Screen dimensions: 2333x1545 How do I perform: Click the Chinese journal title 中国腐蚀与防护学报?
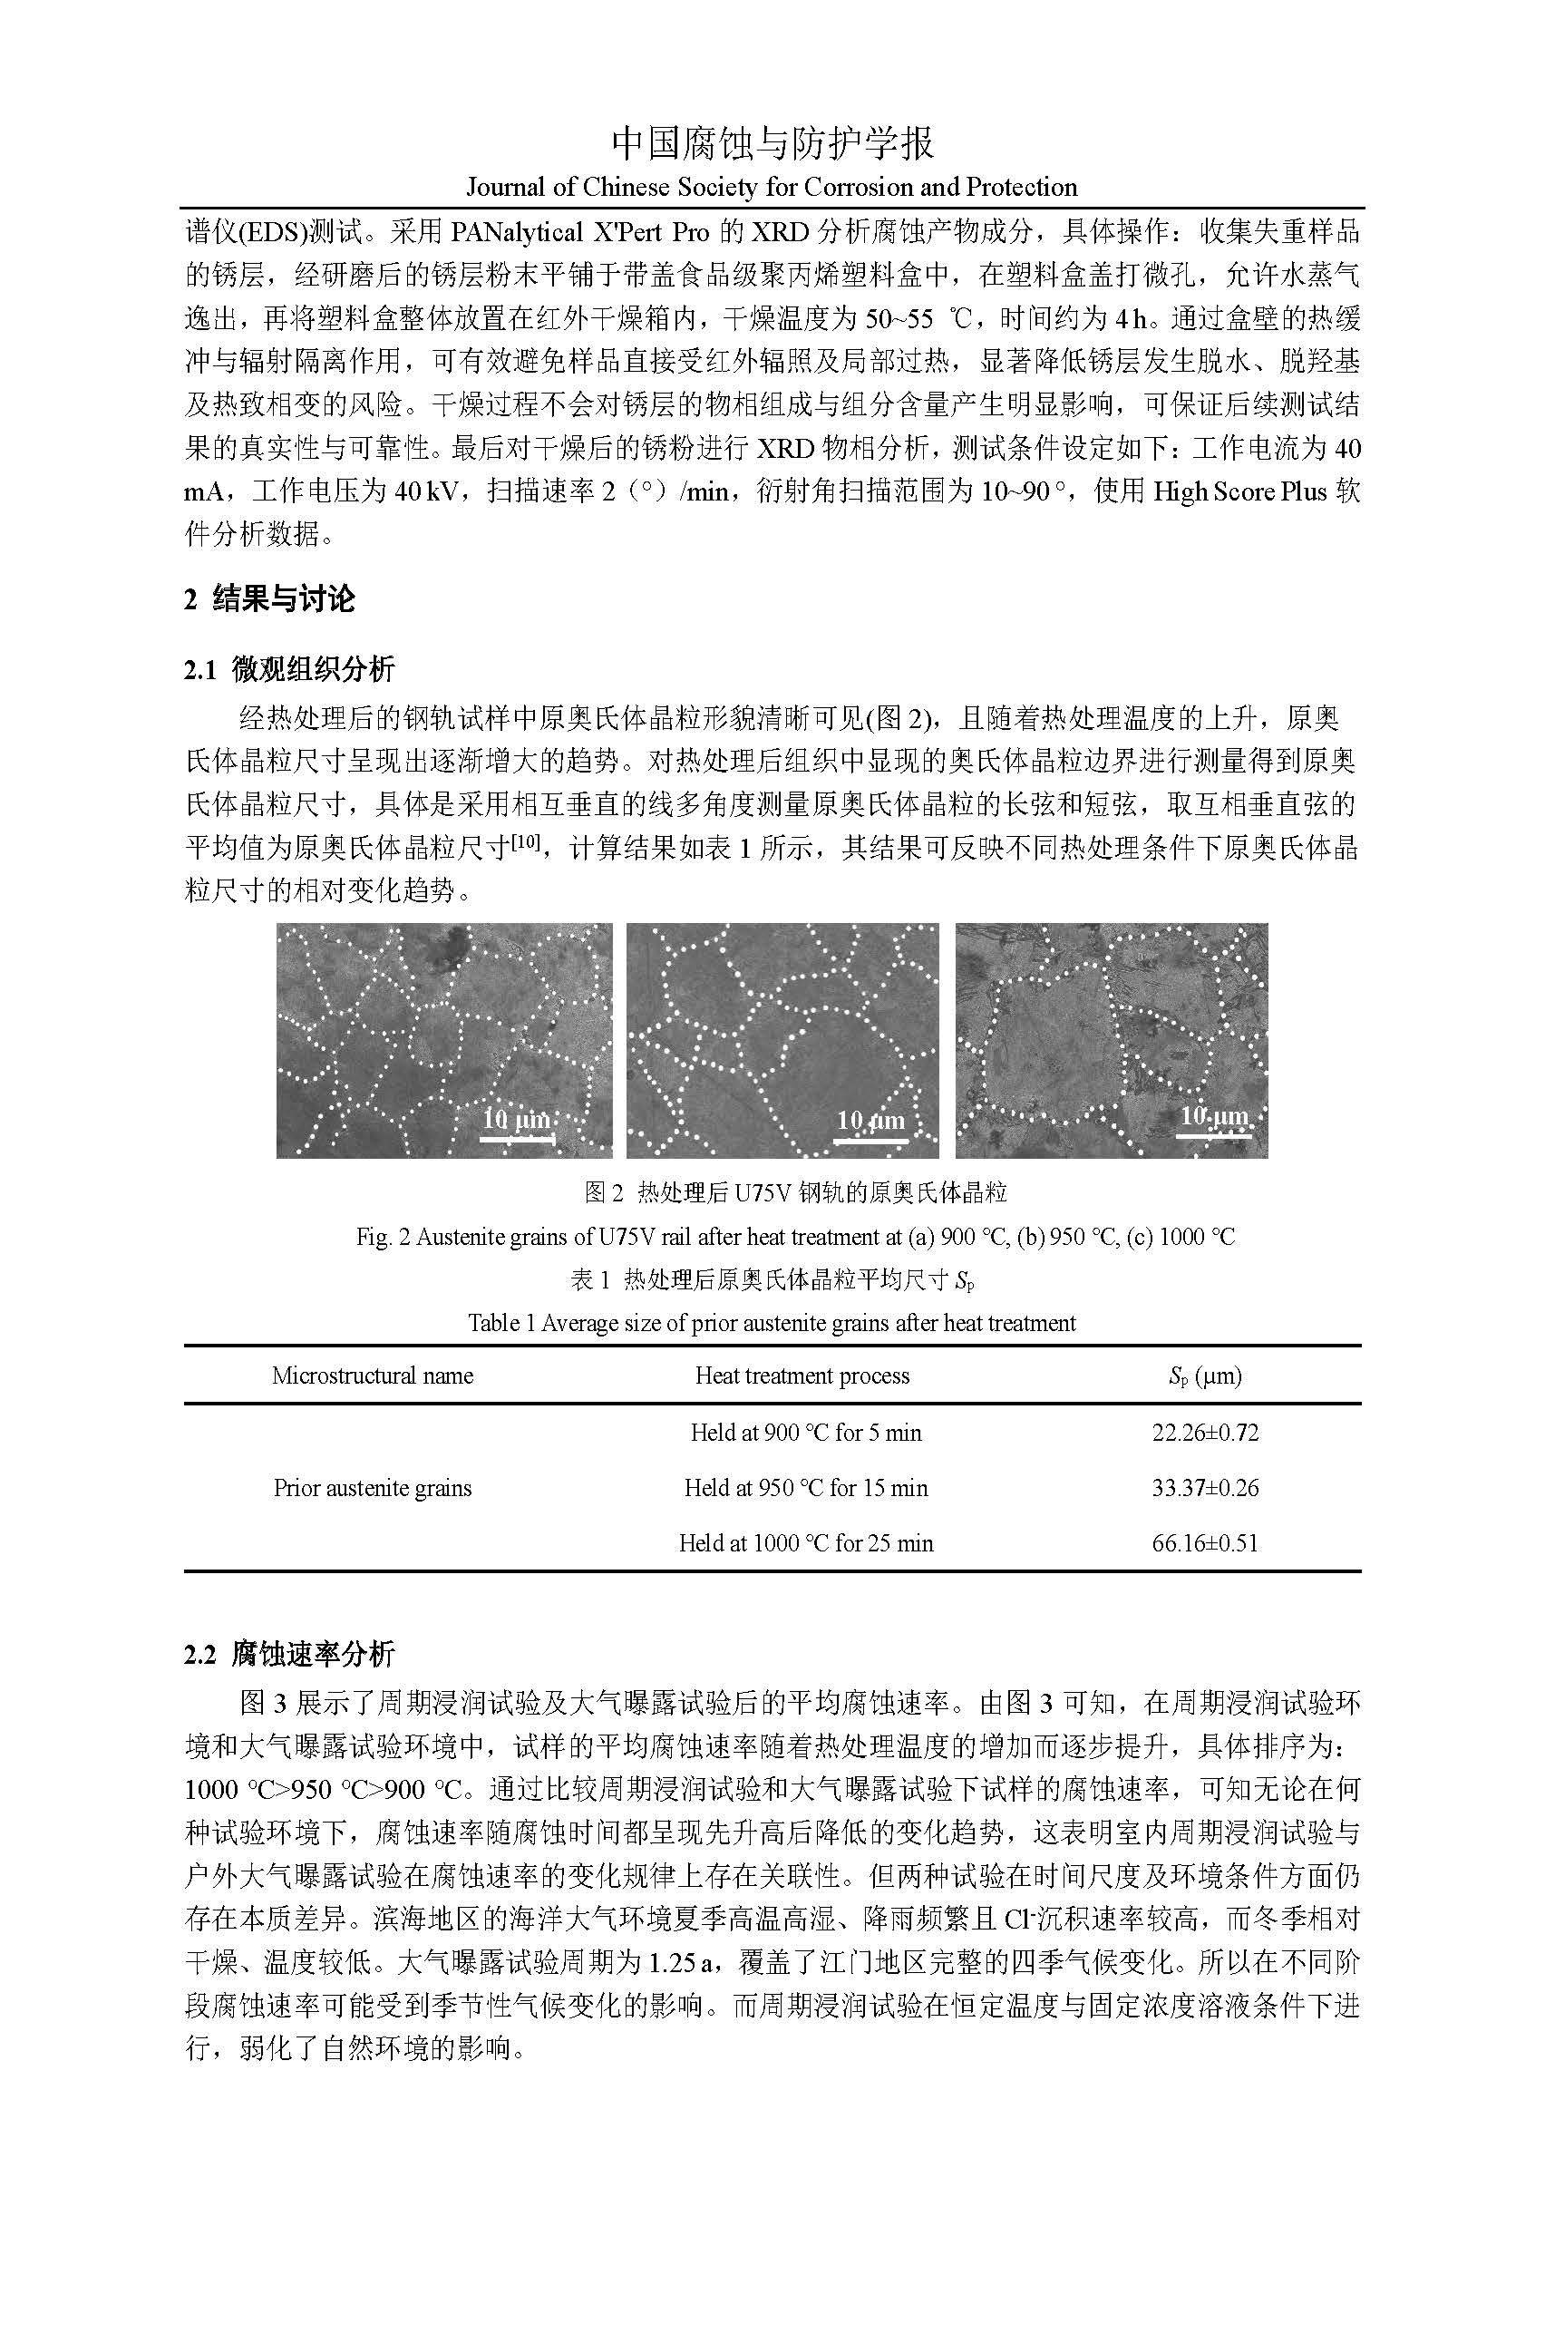(772, 144)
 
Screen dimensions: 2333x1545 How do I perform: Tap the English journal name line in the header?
(772, 187)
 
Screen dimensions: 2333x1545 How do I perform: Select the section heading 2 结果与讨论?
(269, 598)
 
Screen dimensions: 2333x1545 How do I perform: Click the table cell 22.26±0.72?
(1205, 1433)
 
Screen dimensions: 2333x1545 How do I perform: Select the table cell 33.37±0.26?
(1205, 1488)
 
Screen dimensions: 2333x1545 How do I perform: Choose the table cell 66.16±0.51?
(1205, 1543)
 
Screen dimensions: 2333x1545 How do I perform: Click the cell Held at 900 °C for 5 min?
(806, 1433)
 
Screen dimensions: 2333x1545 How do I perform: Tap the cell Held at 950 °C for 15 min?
(806, 1488)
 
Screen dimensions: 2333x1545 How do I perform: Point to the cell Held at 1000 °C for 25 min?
(806, 1543)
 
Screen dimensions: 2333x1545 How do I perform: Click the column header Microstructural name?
(373, 1375)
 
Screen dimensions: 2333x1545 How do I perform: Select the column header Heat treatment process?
(802, 1375)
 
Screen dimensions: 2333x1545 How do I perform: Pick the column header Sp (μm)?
(1204, 1376)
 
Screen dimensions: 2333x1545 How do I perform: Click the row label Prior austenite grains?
(373, 1488)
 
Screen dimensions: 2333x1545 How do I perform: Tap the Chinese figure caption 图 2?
(795, 1193)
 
